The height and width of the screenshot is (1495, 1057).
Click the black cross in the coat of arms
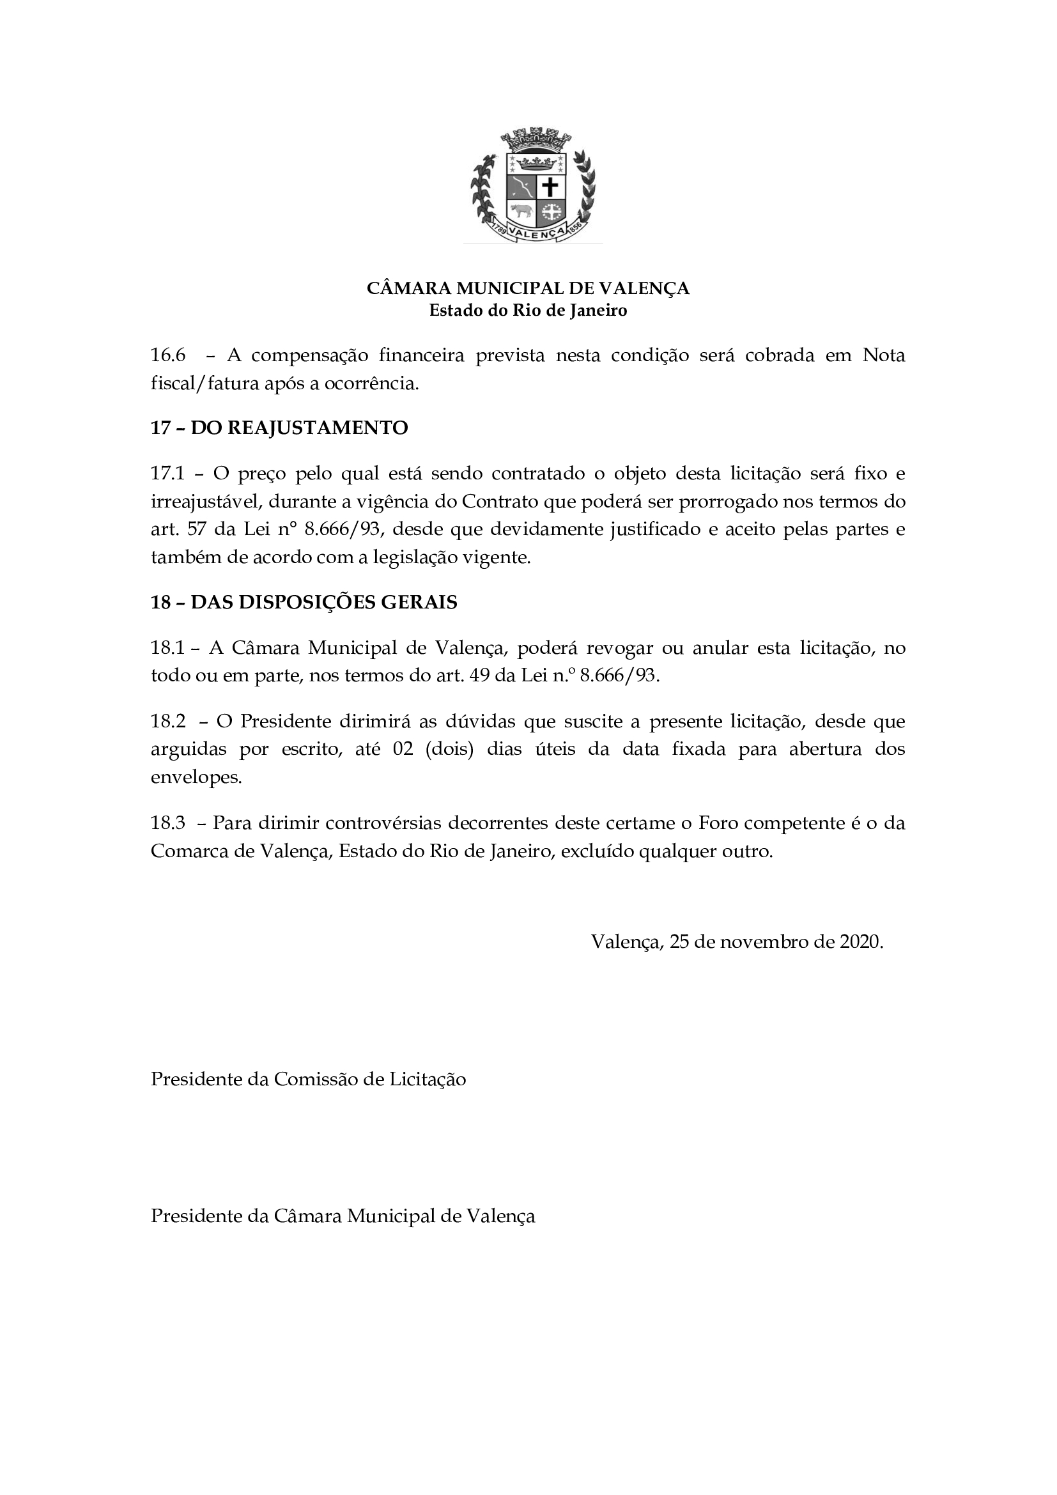[551, 187]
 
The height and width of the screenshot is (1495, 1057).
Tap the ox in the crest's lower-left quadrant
[520, 211]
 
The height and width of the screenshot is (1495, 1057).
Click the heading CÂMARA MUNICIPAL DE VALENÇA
[528, 288]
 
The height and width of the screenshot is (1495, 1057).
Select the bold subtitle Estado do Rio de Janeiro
[528, 311]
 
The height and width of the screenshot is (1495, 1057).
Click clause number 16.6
[168, 355]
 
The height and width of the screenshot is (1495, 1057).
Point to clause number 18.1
[168, 648]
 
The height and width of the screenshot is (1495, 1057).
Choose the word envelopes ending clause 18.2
[196, 777]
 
